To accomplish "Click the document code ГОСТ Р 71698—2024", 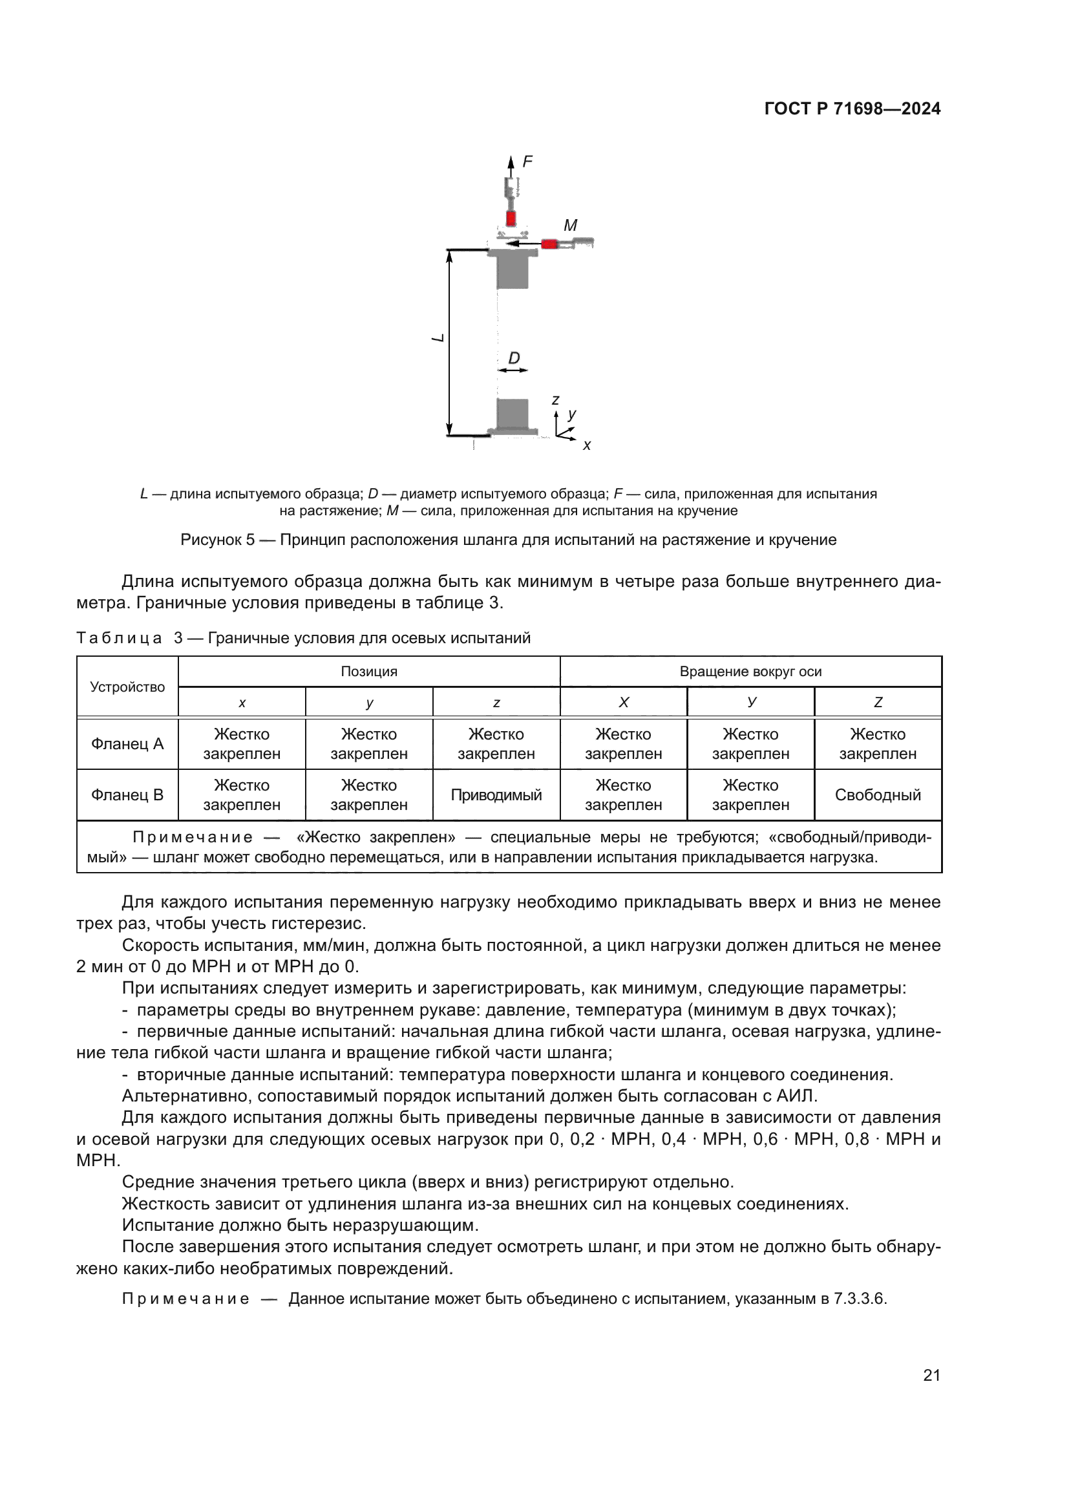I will coord(852,109).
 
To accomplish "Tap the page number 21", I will coord(931,1375).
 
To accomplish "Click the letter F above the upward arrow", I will coord(527,162).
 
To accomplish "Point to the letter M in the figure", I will coord(570,225).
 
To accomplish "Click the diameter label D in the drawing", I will coord(514,357).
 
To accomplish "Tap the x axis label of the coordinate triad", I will coord(586,446).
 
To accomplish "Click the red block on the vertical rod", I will coord(511,218).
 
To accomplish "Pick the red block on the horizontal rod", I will coord(549,244).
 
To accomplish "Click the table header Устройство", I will coord(127,687).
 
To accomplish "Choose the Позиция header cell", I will coord(368,672).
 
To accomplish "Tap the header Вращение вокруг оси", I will coord(750,672).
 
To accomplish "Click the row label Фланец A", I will coord(127,744).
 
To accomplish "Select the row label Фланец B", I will coord(127,795).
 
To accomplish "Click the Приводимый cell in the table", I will coord(496,795).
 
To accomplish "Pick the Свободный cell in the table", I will coord(878,795).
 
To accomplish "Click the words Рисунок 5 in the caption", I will coord(217,540).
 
